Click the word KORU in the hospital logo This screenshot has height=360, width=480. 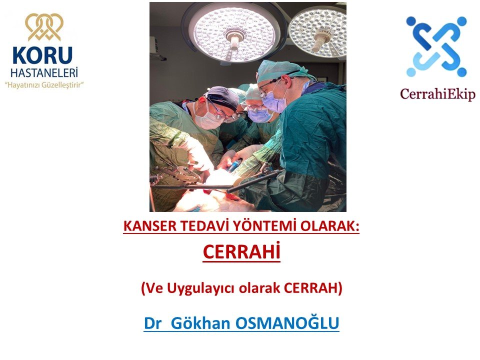(42, 55)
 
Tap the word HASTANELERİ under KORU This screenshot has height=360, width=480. (44, 72)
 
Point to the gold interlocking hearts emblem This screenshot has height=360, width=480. (44, 27)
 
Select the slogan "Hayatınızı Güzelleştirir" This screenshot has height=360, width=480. (44, 85)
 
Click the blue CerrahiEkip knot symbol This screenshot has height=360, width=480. (436, 46)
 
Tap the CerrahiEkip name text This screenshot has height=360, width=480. (438, 94)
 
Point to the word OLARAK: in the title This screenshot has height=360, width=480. (329, 226)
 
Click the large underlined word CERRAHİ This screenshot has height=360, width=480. (241, 252)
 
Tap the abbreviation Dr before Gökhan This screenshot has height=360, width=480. (152, 323)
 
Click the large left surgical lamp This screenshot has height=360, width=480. (234, 33)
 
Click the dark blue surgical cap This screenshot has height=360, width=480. (223, 97)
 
